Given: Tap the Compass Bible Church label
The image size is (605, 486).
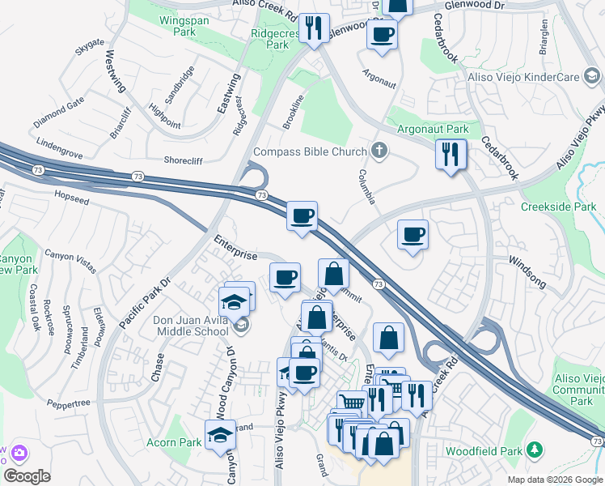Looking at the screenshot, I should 310,151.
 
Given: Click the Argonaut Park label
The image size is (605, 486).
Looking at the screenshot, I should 433,129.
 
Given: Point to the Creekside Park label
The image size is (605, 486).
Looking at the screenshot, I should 558,207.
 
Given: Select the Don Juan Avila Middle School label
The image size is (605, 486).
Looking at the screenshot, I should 191,326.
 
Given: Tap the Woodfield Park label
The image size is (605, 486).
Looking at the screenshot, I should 484,449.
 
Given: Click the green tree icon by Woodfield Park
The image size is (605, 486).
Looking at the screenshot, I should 533,449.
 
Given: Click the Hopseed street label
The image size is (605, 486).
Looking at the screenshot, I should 70,195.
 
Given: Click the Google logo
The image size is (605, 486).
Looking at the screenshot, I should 27,476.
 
